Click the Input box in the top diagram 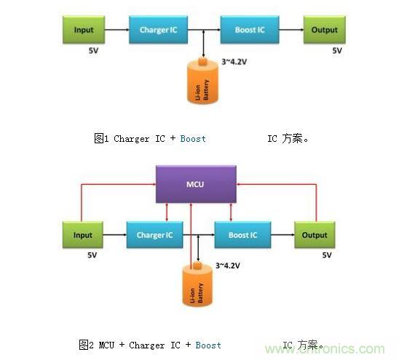click(84, 30)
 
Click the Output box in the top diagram click(324, 30)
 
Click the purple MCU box click(197, 185)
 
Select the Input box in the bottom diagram click(83, 235)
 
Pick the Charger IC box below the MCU click(154, 235)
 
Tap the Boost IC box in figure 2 click(242, 235)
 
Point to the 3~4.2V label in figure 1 click(234, 62)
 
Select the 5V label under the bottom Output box click(326, 255)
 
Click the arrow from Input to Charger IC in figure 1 click(116, 30)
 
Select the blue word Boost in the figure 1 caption click(193, 138)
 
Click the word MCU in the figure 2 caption click(107, 345)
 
